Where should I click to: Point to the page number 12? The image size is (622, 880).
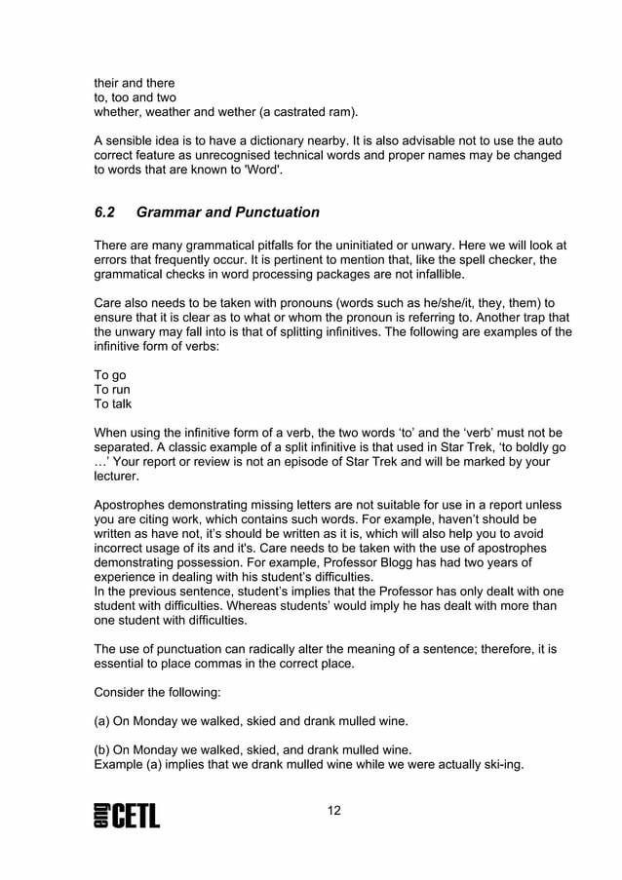[334, 811]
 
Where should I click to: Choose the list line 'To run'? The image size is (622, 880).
[111, 389]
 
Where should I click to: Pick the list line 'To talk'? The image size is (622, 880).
[112, 403]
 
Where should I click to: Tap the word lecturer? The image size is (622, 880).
[116, 477]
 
